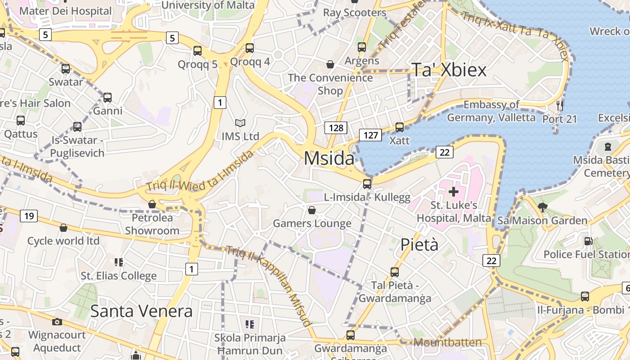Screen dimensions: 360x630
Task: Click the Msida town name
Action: (329, 158)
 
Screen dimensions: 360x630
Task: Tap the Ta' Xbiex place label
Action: (449, 70)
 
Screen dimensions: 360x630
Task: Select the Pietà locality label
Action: (419, 244)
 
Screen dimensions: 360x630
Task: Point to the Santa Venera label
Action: (141, 311)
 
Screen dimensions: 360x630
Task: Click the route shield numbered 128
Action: (336, 128)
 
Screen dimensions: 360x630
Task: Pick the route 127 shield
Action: (370, 135)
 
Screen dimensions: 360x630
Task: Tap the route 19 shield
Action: (29, 216)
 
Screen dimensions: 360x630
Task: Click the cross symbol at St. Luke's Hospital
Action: (454, 192)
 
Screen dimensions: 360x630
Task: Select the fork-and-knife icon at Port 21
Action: (560, 106)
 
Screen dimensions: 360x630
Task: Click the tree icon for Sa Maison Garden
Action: (543, 207)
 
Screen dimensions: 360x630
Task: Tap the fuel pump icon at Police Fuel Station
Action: (588, 241)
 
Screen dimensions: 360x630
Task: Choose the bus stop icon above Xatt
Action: (400, 127)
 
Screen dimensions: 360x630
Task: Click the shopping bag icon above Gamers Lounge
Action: (311, 210)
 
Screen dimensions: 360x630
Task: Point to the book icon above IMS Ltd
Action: (241, 123)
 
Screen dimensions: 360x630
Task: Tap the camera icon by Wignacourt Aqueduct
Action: (57, 322)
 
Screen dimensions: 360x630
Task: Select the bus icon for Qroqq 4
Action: (250, 48)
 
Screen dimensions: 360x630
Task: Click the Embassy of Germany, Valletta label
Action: (491, 111)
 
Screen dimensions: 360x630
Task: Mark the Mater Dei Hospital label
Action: (66, 11)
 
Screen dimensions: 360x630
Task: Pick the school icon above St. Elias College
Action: (119, 262)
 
